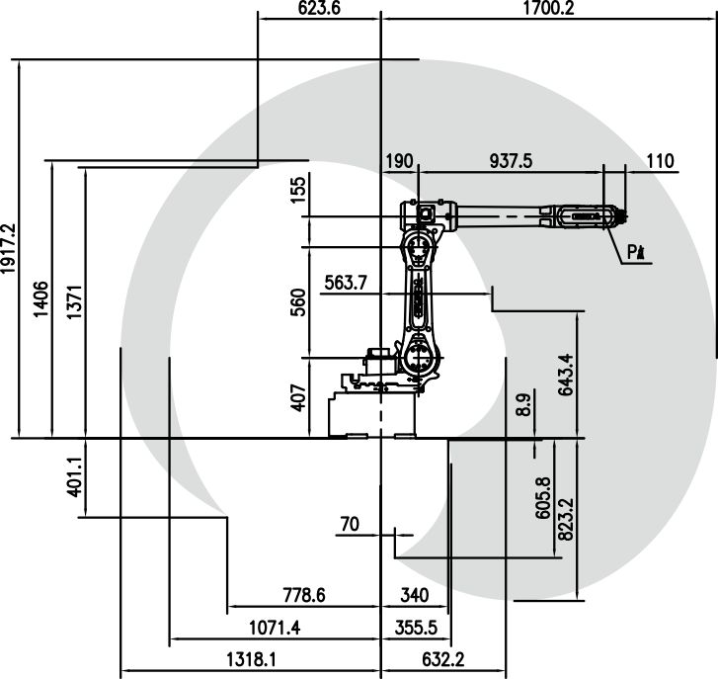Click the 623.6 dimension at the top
click(318, 9)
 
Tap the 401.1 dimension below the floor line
click(76, 475)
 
